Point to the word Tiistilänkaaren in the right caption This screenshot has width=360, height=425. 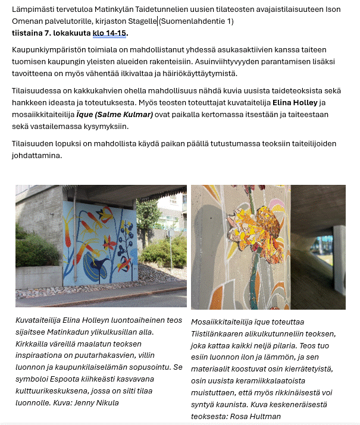(220, 334)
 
